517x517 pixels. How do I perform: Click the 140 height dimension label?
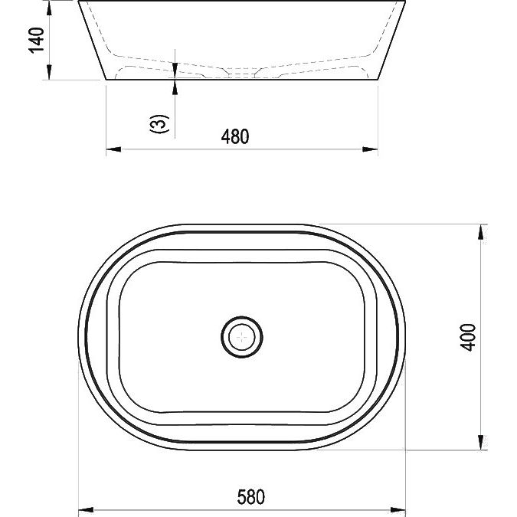[36, 41]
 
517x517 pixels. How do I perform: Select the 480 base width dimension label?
[235, 136]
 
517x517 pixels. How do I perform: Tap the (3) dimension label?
[159, 123]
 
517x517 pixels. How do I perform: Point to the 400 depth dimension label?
[468, 337]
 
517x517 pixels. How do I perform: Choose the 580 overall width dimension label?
[251, 497]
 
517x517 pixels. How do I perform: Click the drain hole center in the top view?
[242, 337]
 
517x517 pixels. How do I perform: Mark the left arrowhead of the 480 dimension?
[113, 149]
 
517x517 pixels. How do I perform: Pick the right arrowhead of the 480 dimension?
[370, 149]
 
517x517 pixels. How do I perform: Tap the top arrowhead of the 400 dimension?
[481, 232]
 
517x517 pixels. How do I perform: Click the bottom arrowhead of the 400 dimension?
[481, 443]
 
